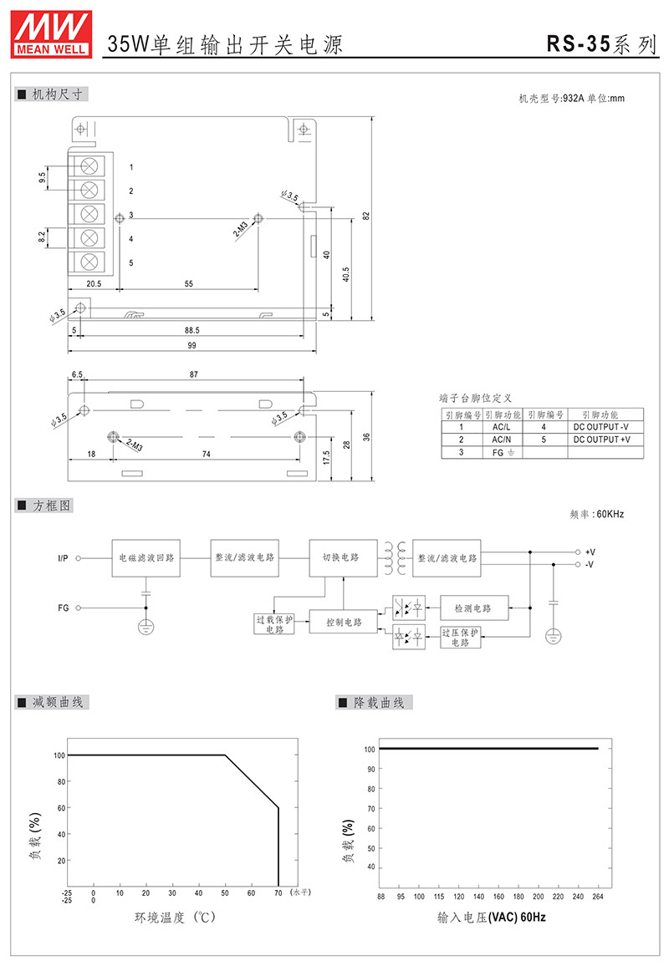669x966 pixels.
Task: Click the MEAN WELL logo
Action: tap(51, 34)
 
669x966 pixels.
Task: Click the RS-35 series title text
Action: tap(602, 43)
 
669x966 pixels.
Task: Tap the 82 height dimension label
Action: tap(366, 216)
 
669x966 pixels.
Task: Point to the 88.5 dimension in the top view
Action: tap(192, 330)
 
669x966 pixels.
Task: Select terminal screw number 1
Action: tap(89, 166)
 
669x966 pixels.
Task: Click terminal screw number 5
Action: tap(89, 262)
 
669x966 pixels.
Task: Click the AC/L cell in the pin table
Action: tap(501, 427)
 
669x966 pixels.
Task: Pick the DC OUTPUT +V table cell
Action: tap(602, 440)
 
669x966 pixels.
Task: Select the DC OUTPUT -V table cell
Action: tap(601, 427)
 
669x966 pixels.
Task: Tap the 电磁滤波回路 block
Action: tap(146, 558)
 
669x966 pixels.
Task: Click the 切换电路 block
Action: tap(343, 558)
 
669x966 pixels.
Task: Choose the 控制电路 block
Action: tap(344, 623)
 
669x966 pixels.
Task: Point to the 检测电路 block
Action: tap(474, 608)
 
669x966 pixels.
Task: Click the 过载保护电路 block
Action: tap(274, 624)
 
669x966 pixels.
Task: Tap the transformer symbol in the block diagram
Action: tap(395, 558)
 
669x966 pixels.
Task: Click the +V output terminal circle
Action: tap(578, 552)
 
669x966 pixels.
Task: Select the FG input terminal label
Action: tap(64, 608)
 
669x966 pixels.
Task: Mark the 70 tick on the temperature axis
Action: tap(278, 892)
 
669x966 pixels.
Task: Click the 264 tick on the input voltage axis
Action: tap(597, 897)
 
